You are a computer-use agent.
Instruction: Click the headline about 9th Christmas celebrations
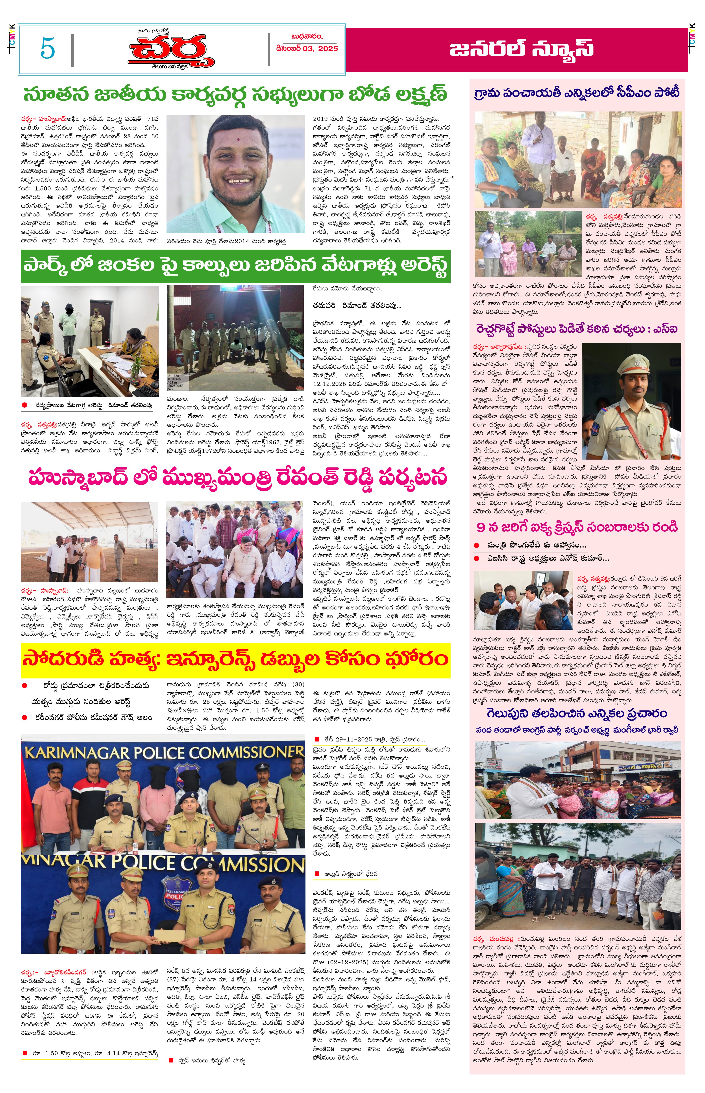[577, 527]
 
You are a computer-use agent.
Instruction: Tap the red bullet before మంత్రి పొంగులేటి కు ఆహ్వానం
[477, 545]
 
